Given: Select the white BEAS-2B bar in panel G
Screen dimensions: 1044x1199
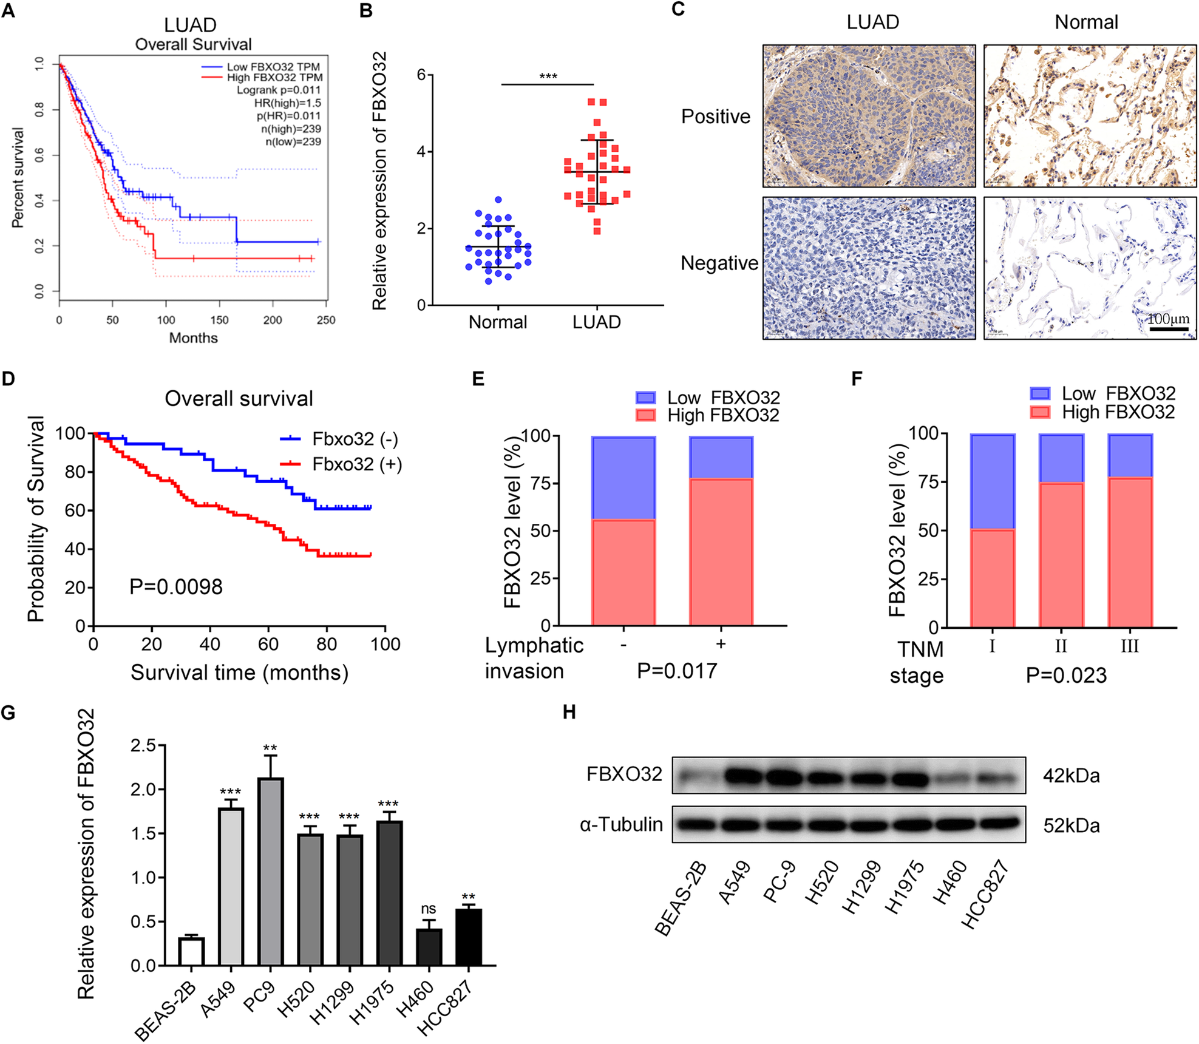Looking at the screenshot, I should coord(191,951).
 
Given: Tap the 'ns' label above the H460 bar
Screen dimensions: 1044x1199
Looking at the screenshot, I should coord(428,909).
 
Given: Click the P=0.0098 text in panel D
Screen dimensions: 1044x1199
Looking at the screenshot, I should coord(176,587).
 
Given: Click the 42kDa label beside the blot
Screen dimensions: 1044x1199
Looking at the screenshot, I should coord(1071,776).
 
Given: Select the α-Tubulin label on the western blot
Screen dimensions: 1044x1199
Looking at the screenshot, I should coord(621,824).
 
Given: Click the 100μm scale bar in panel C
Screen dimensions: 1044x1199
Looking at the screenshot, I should coord(1168,328).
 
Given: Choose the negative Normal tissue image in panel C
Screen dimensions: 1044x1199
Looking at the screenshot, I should coord(1090,268).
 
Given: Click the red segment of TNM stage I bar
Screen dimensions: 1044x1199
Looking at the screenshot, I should coord(992,578).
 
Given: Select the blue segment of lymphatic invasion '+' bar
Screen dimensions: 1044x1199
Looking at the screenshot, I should coord(721,458).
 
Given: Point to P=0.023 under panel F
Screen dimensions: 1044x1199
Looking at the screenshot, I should coord(1066,676).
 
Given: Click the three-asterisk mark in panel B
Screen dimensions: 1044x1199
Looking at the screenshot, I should coord(548,76).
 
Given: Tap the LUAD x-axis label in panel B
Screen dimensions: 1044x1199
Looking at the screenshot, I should coord(596,322).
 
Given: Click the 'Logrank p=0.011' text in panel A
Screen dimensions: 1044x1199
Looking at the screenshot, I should coord(278,90).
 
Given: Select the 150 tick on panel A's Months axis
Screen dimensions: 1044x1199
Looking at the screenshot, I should coord(219,320).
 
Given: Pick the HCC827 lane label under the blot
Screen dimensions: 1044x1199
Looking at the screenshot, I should coord(985,895).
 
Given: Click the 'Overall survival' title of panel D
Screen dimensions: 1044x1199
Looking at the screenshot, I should coord(239,399).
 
